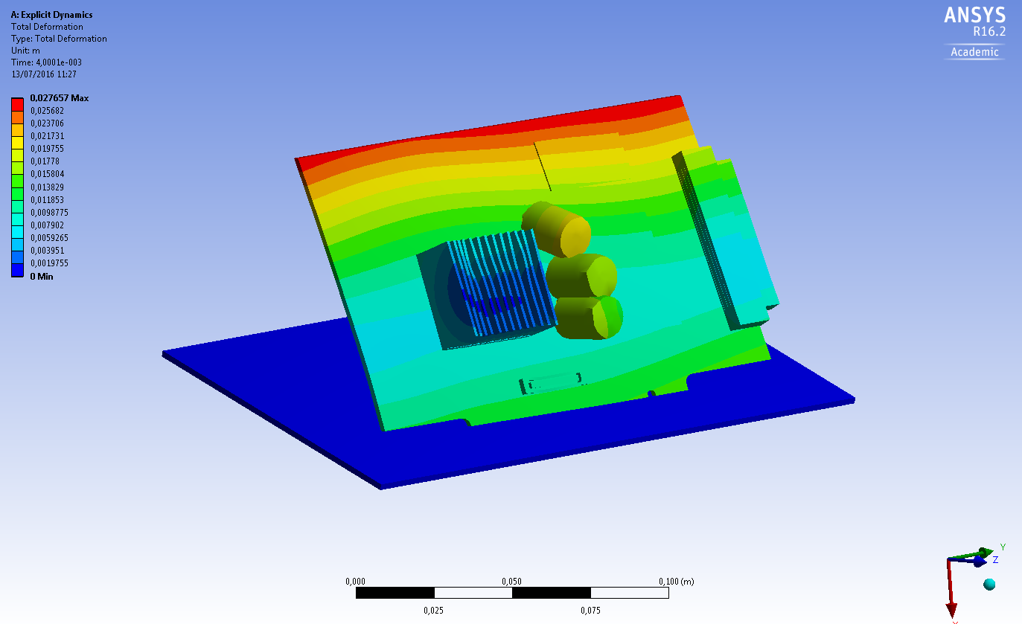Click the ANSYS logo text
(974, 16)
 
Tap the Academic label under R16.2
(974, 52)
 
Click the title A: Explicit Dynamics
(51, 15)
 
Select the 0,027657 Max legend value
(59, 98)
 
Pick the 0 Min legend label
(41, 277)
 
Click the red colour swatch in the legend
(18, 104)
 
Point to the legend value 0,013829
(45, 187)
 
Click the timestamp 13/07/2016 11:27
(44, 74)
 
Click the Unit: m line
(25, 51)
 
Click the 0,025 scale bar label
(434, 611)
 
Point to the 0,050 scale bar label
(511, 582)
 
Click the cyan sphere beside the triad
(989, 584)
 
